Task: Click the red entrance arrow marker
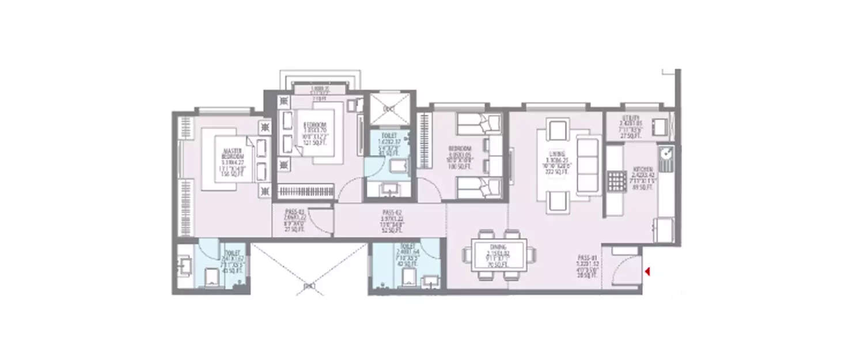(x=648, y=271)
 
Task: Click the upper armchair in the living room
(x=558, y=130)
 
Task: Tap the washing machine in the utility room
(x=660, y=126)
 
